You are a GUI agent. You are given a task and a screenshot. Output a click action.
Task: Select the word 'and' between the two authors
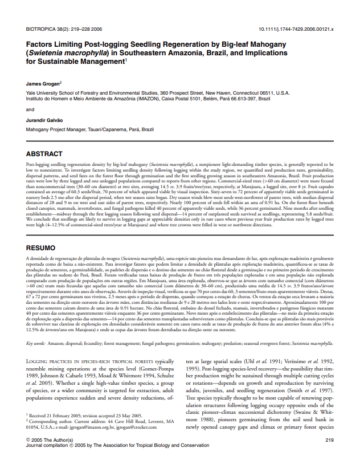click(30, 109)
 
